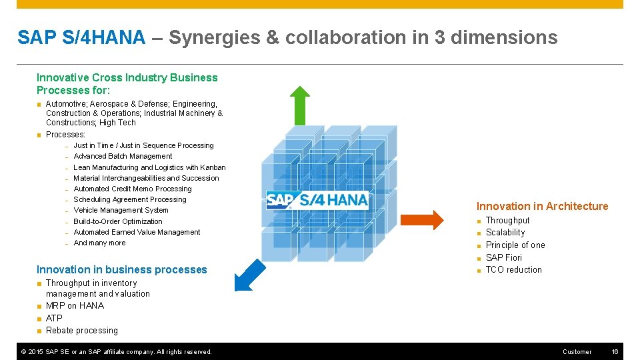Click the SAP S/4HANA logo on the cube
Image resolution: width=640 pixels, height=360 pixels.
tap(317, 199)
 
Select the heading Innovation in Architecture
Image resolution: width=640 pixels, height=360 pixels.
tap(542, 206)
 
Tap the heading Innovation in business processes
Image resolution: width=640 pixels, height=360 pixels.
tap(121, 269)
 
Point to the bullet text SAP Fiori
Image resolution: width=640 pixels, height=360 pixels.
tap(503, 257)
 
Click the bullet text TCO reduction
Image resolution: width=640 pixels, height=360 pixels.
tap(513, 269)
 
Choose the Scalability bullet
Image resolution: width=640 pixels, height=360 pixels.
tap(505, 233)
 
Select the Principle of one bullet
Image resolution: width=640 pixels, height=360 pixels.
tap(515, 245)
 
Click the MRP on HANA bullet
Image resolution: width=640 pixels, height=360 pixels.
tap(75, 305)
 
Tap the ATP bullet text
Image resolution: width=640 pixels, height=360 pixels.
tap(54, 318)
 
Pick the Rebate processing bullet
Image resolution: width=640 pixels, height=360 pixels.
tap(81, 330)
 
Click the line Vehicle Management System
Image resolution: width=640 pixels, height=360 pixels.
tap(121, 210)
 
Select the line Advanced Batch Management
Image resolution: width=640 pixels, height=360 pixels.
tap(123, 156)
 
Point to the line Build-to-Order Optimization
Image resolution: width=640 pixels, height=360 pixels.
tap(117, 221)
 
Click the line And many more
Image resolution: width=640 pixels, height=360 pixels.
tap(99, 243)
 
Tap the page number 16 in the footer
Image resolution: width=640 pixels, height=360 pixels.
tap(615, 351)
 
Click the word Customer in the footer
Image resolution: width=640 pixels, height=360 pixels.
tap(577, 351)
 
